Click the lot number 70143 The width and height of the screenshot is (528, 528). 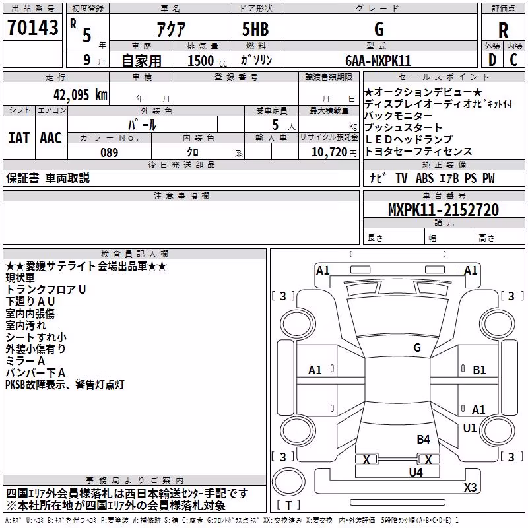(x=32, y=28)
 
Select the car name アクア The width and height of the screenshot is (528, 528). (x=171, y=29)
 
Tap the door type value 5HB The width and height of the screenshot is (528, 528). (x=255, y=29)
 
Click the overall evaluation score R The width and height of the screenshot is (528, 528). (x=503, y=30)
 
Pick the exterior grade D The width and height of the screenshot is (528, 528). (x=492, y=60)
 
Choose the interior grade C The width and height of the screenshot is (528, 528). (x=513, y=60)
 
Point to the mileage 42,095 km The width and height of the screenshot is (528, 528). (x=81, y=95)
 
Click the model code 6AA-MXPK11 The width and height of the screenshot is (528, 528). (x=378, y=61)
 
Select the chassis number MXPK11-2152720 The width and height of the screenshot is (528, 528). (x=444, y=210)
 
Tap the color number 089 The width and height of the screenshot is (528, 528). (x=110, y=152)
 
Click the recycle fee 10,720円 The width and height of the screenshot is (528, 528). (x=334, y=152)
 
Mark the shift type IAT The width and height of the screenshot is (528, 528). (x=18, y=138)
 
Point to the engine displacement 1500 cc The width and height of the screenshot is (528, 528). (x=207, y=61)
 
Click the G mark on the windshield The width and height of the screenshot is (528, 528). (x=417, y=348)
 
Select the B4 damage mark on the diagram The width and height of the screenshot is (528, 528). (x=423, y=439)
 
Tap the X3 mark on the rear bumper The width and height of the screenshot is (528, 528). (x=470, y=487)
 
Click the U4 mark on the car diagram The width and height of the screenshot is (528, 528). (x=416, y=472)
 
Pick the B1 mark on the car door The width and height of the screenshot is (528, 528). (x=479, y=370)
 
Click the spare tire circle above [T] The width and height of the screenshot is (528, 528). (x=288, y=482)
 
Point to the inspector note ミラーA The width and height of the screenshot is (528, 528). (x=25, y=361)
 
